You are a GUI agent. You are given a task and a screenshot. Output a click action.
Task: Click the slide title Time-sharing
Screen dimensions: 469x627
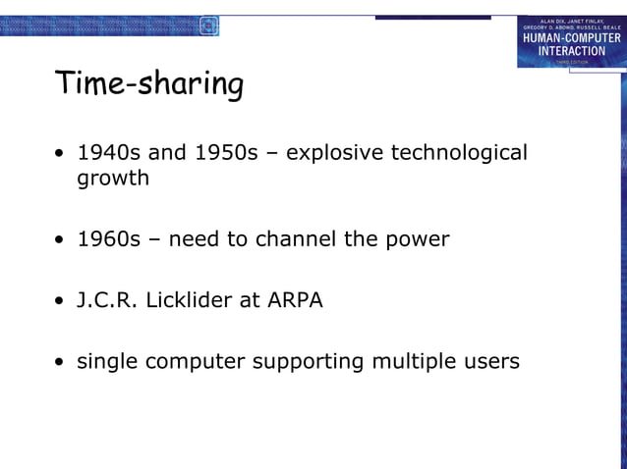tap(148, 85)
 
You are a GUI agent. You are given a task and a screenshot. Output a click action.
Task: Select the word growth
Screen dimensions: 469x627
tap(113, 179)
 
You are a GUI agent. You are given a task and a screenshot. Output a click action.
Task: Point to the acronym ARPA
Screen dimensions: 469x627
tap(295, 300)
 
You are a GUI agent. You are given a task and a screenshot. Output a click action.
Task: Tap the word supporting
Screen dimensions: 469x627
tap(308, 362)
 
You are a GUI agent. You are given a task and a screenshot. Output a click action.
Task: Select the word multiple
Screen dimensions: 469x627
tap(412, 362)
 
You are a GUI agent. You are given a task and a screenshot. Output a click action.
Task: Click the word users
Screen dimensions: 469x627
tap(489, 362)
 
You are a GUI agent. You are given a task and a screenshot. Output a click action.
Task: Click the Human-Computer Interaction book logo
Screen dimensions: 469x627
tap(570, 41)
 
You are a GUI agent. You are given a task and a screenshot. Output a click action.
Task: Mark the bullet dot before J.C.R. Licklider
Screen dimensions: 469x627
tap(61, 301)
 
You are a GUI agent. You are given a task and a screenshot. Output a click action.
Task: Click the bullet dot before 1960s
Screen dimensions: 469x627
tap(61, 239)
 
